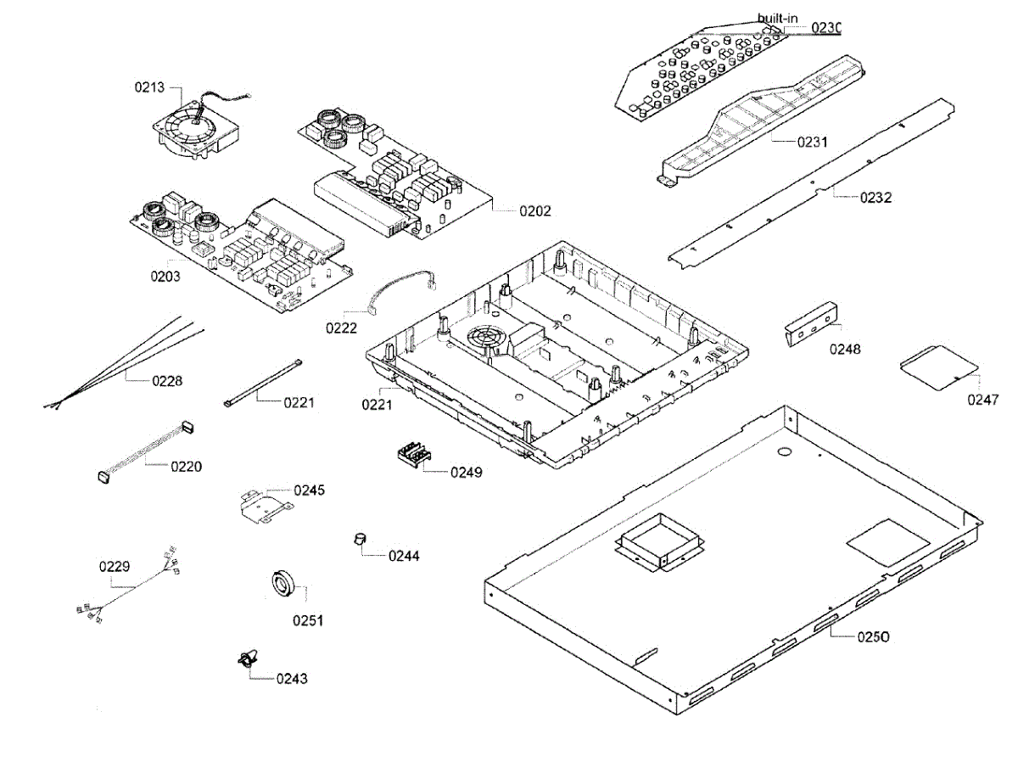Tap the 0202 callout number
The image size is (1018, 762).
pos(535,210)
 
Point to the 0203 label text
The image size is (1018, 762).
pos(165,277)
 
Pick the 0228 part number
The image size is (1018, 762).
pos(167,381)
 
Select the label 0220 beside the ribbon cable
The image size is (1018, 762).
pos(187,466)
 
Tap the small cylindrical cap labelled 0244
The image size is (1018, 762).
pos(360,540)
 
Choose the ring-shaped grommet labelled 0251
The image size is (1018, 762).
pos(282,584)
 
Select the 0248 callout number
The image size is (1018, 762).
pos(845,349)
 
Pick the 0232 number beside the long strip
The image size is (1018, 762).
pos(875,197)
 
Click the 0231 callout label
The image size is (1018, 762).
pos(812,142)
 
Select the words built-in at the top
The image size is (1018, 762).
pos(777,18)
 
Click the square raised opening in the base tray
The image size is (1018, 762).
pos(658,541)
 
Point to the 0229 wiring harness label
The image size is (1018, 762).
pos(115,565)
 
